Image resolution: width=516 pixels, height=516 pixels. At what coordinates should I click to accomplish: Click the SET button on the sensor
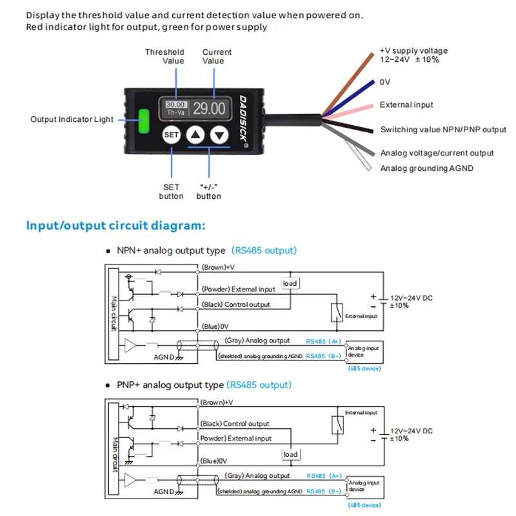tap(171, 135)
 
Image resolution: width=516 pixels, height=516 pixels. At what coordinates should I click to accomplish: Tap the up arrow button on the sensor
tap(196, 135)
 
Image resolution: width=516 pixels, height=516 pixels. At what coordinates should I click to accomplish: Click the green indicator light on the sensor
tap(143, 119)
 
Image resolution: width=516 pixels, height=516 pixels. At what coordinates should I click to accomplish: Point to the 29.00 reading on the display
tap(209, 108)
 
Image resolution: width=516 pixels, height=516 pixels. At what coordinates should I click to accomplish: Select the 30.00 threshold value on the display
tap(175, 104)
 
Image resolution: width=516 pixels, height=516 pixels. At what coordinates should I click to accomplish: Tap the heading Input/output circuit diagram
tap(115, 226)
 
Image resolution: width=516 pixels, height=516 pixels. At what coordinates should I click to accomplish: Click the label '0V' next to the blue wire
tap(385, 82)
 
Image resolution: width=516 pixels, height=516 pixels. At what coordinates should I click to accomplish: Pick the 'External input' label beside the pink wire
tap(406, 104)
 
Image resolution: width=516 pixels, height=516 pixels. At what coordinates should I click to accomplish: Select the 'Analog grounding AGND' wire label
tap(426, 168)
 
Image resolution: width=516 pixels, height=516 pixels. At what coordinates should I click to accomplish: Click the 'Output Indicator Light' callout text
tap(72, 119)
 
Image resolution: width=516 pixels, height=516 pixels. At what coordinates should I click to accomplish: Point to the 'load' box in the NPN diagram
tap(290, 284)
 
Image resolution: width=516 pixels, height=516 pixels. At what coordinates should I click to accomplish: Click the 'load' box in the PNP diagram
tap(291, 455)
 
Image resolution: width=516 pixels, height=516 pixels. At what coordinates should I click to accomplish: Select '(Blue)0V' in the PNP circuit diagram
tap(215, 461)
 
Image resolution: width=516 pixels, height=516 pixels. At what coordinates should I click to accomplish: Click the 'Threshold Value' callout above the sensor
tap(164, 56)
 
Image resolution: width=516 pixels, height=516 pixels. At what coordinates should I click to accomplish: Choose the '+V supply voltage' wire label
tap(413, 51)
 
